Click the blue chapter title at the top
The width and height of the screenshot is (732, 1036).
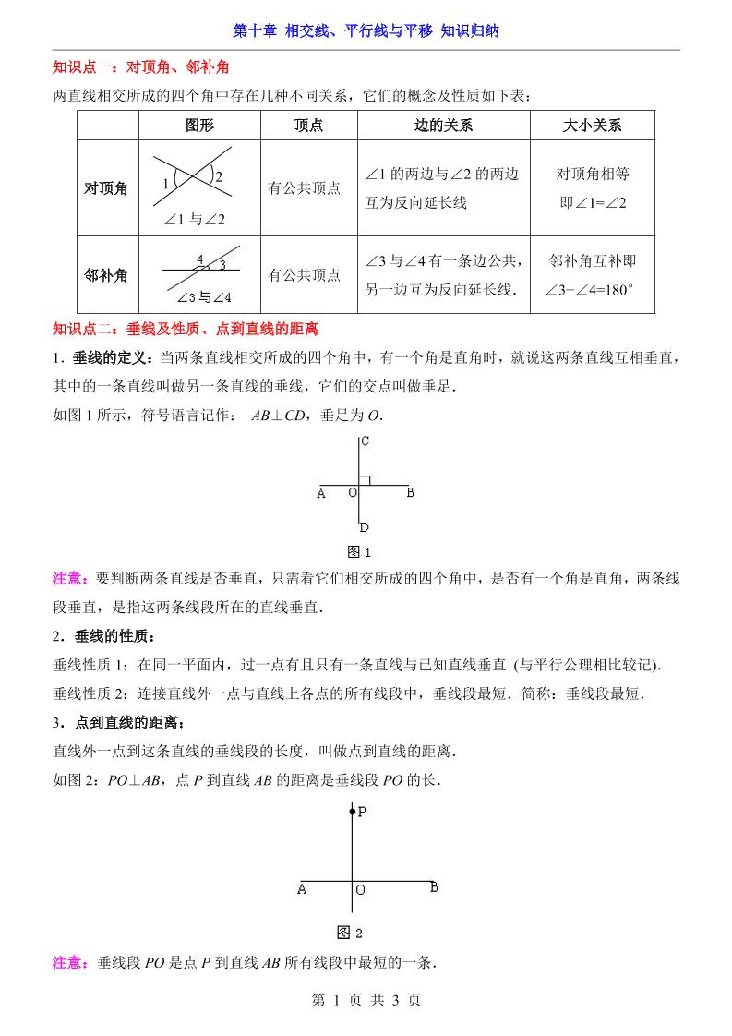point(366,30)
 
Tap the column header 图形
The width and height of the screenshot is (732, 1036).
point(199,126)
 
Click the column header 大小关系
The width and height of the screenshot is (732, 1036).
point(592,126)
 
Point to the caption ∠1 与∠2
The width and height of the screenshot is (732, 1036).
point(195,219)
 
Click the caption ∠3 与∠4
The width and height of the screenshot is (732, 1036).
point(203,297)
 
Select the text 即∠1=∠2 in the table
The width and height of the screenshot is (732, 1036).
point(593,202)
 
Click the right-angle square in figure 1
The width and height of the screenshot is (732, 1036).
point(364,479)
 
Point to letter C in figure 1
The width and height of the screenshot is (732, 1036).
point(366,441)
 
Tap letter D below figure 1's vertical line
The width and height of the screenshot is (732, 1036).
point(365,527)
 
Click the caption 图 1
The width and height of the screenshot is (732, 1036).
point(358,552)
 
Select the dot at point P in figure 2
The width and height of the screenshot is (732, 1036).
point(352,812)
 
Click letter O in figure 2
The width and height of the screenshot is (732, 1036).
point(360,890)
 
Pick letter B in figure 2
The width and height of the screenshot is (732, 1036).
point(433,887)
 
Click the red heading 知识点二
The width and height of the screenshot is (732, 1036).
point(185,328)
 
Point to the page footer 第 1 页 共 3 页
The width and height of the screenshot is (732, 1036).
point(366,999)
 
